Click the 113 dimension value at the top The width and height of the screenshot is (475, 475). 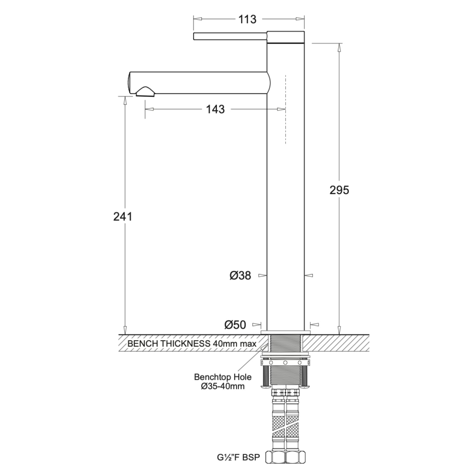pyautogui.click(x=247, y=19)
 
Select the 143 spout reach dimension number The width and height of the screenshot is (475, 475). pyautogui.click(x=215, y=109)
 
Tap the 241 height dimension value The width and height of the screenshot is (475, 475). pyautogui.click(x=123, y=217)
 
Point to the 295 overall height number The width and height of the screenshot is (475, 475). pyautogui.click(x=339, y=190)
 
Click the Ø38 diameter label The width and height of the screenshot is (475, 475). pyautogui.click(x=240, y=276)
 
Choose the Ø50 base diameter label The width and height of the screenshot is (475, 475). pyautogui.click(x=235, y=325)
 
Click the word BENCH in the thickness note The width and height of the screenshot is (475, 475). pyautogui.click(x=143, y=344)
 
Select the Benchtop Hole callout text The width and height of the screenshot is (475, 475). pyautogui.click(x=223, y=377)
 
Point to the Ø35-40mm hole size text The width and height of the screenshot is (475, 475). pyautogui.click(x=223, y=386)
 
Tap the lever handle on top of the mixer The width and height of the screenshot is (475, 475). pyautogui.click(x=230, y=36)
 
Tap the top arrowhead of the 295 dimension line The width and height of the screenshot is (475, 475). pyautogui.click(x=339, y=47)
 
